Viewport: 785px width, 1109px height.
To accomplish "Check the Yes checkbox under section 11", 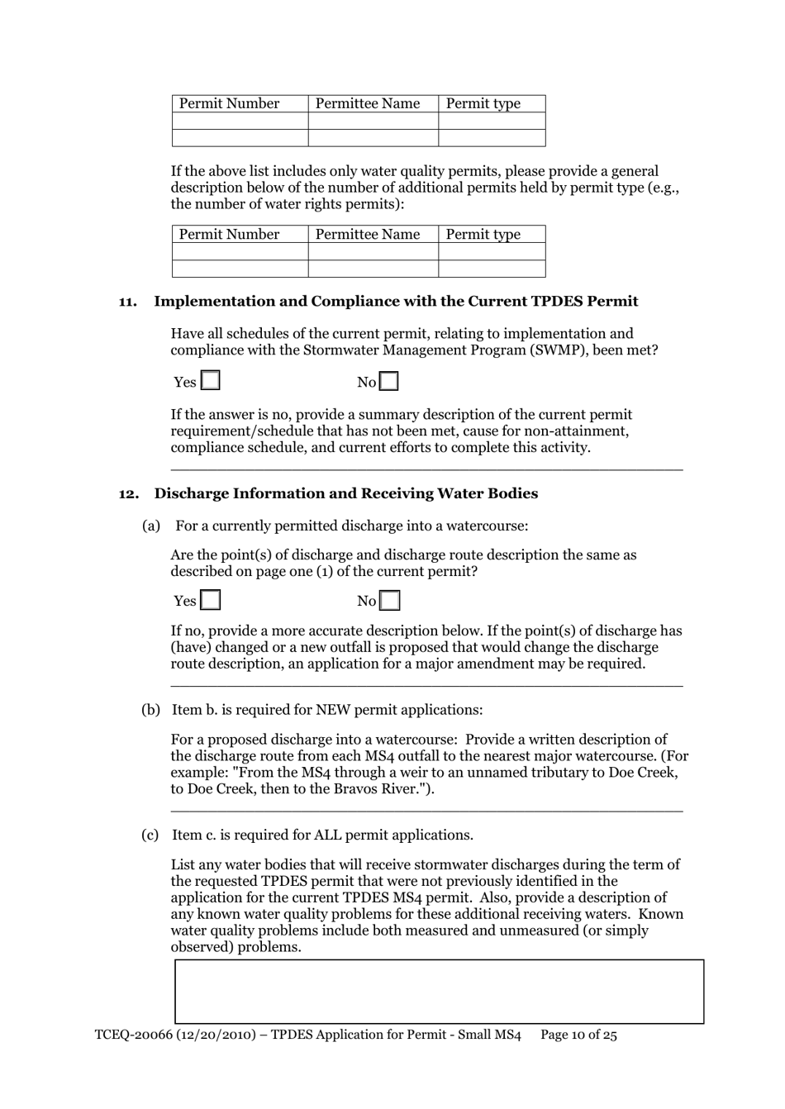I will (x=211, y=381).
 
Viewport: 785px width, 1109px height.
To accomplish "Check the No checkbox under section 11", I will (x=389, y=382).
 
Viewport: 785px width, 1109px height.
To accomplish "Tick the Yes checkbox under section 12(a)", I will (x=211, y=600).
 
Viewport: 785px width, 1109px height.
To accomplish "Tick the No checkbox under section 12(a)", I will (x=389, y=601).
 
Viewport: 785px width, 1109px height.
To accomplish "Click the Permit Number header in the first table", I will (x=229, y=103).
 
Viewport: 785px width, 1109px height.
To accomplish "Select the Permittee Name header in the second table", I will (x=368, y=234).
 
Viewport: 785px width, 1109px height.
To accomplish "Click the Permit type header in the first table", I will (x=483, y=103).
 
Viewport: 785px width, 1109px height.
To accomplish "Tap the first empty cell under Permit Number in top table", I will (x=240, y=121).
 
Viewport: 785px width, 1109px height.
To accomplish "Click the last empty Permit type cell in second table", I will (x=492, y=269).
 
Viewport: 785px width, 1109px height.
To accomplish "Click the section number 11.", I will (x=128, y=302).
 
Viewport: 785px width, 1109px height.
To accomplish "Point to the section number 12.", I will (x=128, y=493).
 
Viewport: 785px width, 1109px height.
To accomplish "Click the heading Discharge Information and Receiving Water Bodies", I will (x=345, y=493).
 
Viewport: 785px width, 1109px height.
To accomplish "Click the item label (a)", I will (x=151, y=526).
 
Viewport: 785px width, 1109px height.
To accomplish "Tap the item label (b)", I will (x=150, y=710).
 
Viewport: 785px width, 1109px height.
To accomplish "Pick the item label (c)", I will (x=150, y=835).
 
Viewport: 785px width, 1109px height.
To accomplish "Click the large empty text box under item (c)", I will (x=439, y=992).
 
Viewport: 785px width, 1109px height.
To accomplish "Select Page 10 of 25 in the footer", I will (x=578, y=1035).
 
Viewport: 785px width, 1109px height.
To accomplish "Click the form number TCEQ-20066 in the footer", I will (x=131, y=1035).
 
